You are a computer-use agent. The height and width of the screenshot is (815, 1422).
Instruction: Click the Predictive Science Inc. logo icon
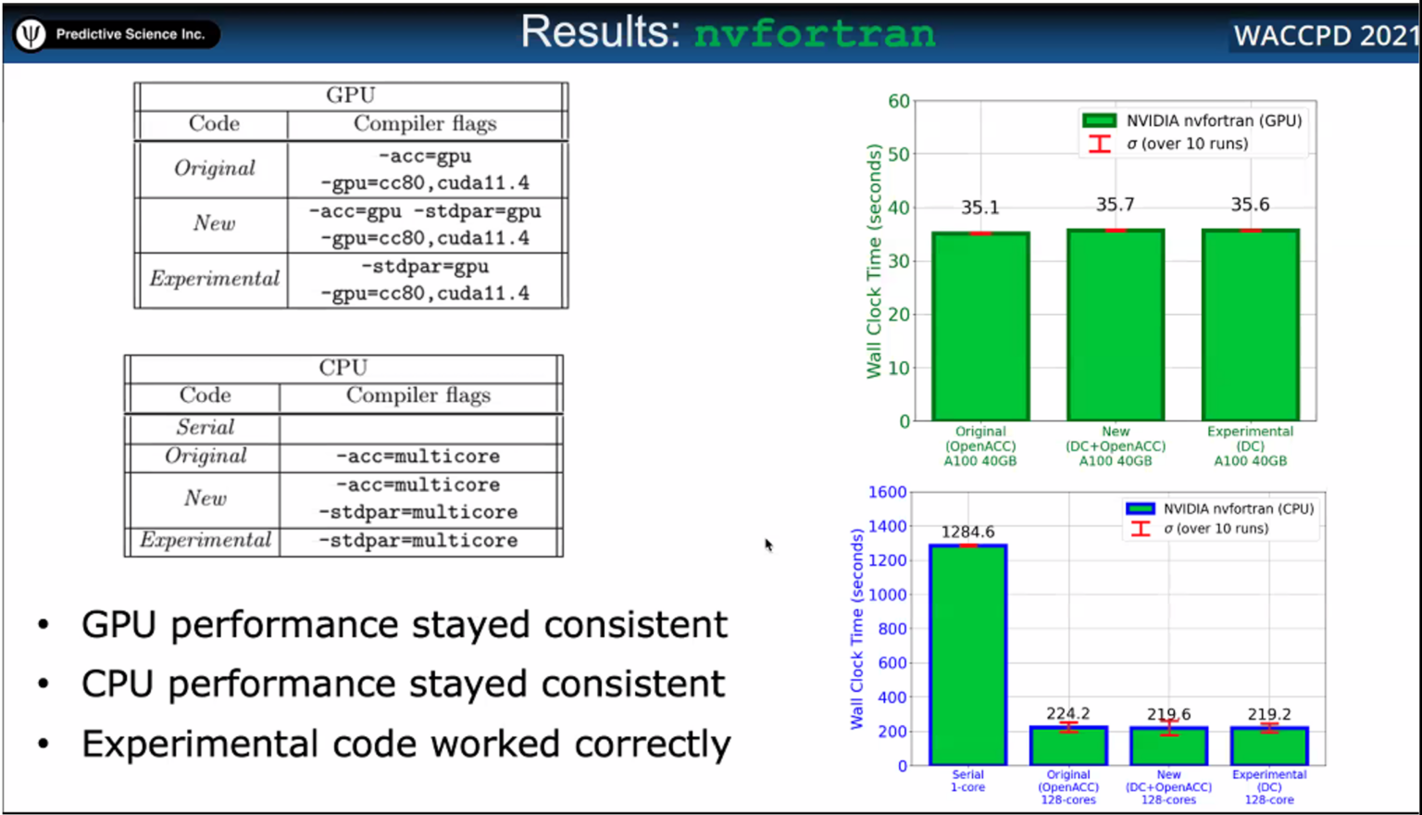click(x=31, y=34)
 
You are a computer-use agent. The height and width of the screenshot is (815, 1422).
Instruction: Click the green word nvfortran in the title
click(x=815, y=33)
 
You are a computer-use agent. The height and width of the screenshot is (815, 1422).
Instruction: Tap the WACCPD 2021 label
click(x=1325, y=36)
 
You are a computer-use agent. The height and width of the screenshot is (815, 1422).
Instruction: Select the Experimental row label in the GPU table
click(x=214, y=279)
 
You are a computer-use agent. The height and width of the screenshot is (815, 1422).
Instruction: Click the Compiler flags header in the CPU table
click(x=418, y=395)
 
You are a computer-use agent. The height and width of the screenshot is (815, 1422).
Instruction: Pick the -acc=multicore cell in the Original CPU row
click(x=418, y=457)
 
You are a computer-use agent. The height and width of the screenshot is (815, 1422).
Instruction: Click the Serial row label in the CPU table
click(x=206, y=427)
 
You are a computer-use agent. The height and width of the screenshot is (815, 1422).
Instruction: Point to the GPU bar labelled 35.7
click(x=1116, y=324)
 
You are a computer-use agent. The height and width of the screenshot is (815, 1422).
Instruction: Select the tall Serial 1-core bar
click(x=967, y=654)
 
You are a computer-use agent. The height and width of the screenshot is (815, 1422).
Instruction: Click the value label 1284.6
click(x=967, y=532)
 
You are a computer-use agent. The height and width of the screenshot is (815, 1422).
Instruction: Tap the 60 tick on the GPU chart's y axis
click(x=898, y=101)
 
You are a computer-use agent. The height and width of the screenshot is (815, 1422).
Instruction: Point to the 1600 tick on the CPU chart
click(x=887, y=492)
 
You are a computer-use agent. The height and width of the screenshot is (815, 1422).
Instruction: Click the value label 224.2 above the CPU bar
click(x=1068, y=713)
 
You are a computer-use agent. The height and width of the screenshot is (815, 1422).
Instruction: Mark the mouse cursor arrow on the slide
click(x=768, y=545)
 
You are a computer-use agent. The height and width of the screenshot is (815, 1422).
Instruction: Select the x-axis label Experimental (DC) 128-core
click(x=1268, y=787)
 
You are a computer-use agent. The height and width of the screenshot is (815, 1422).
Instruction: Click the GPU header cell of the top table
click(x=351, y=95)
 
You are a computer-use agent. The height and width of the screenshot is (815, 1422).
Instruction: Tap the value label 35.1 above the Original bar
click(x=979, y=207)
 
